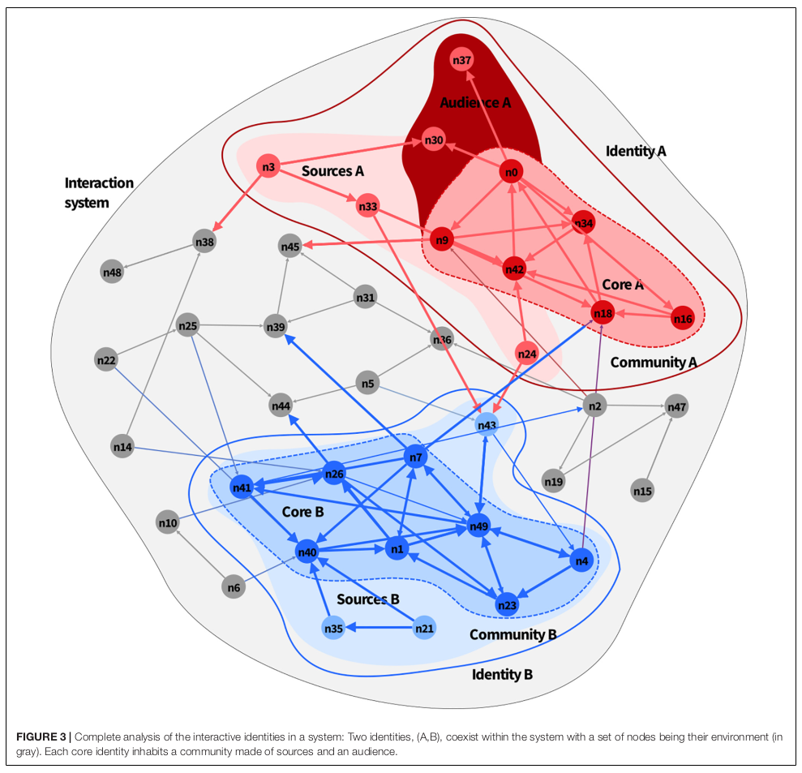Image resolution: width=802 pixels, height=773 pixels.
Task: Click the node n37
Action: click(x=462, y=61)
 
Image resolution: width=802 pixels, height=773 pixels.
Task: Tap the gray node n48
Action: click(x=112, y=273)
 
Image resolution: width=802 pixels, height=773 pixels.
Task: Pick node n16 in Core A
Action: click(x=683, y=319)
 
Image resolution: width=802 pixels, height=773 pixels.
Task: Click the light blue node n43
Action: click(x=487, y=425)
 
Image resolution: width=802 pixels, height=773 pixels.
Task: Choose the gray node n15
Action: click(x=642, y=491)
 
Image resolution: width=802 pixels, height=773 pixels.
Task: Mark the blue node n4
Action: click(x=581, y=560)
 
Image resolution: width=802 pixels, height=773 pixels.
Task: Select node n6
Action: click(x=234, y=587)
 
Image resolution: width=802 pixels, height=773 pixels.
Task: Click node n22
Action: click(x=106, y=359)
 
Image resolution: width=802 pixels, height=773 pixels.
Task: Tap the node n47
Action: click(x=676, y=406)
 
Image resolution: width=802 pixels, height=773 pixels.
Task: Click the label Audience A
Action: click(x=475, y=102)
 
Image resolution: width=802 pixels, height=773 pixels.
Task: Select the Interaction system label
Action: click(x=98, y=192)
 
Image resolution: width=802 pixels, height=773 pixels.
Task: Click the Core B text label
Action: click(x=302, y=513)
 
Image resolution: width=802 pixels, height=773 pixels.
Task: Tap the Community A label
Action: click(x=653, y=362)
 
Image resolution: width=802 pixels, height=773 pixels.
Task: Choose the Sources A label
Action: click(x=332, y=171)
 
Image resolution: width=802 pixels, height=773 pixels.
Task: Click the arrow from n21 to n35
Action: click(x=379, y=628)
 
